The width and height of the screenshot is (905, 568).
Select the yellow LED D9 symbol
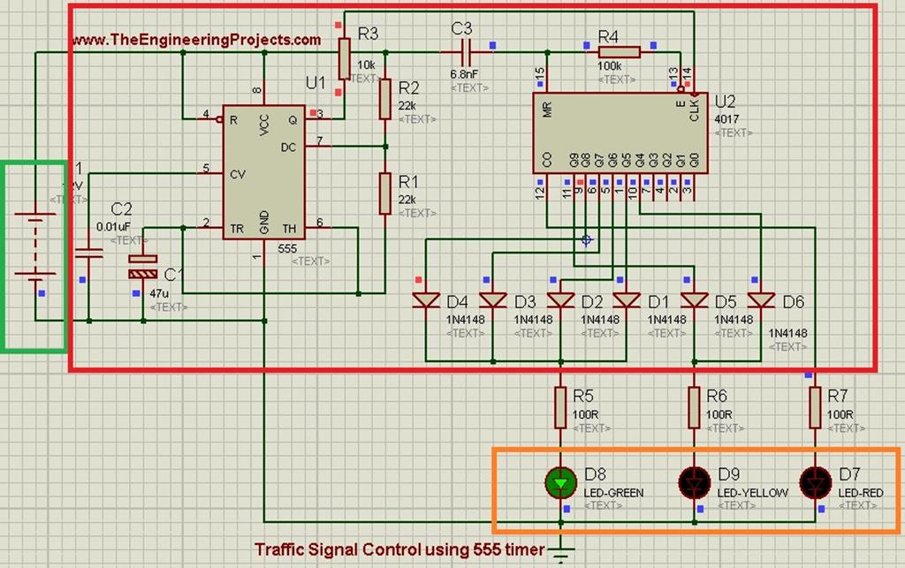693,482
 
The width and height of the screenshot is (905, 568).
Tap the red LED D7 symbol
813,482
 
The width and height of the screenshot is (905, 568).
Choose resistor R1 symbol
385,193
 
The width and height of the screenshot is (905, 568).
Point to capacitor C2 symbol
88,254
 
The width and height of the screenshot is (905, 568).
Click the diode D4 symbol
427,300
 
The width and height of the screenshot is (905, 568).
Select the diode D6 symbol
760,300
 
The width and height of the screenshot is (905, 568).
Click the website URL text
196,40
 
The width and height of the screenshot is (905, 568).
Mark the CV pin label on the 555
237,173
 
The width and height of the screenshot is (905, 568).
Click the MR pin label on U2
548,110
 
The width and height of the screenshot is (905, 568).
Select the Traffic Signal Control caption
399,549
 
